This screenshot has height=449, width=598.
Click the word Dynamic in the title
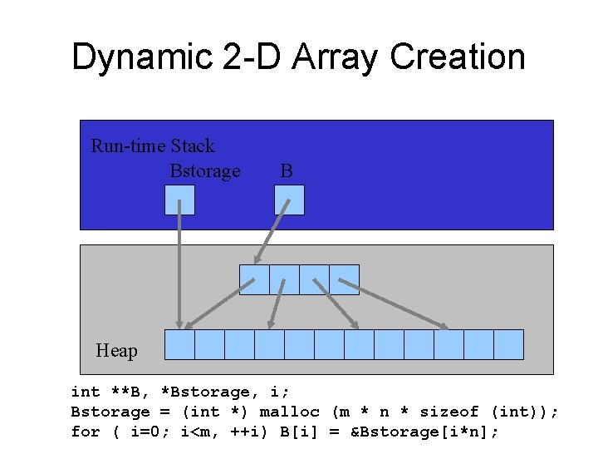140,57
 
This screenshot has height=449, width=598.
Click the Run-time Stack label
152,146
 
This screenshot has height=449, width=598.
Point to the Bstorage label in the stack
204,171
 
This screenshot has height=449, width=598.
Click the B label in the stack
286,171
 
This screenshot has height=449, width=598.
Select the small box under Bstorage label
179,200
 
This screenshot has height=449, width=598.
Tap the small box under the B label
289,200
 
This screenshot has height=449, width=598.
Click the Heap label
116,351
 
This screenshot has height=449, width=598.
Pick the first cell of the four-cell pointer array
254,279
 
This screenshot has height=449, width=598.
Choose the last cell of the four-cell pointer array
344,279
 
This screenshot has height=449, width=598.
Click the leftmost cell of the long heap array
179,344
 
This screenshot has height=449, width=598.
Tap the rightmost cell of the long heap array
508,344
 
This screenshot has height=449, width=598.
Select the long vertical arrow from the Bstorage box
179,266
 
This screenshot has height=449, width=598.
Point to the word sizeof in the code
449,412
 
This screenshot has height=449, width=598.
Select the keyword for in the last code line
86,432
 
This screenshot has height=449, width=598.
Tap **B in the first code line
125,392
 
